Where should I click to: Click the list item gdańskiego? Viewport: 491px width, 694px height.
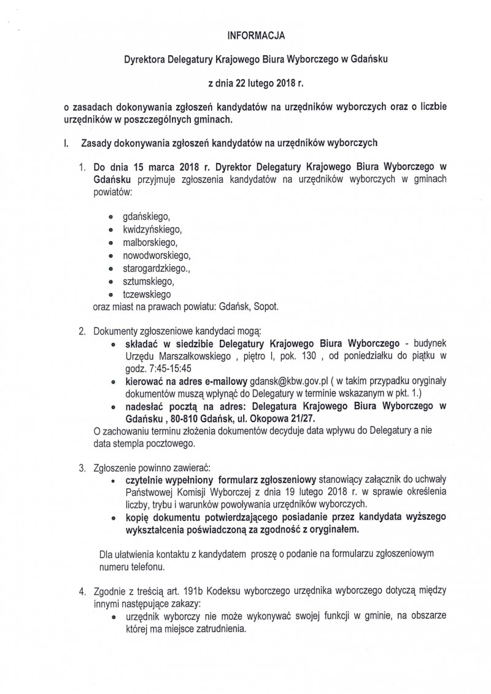(x=145, y=217)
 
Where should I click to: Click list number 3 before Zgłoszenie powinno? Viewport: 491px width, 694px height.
(x=82, y=468)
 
